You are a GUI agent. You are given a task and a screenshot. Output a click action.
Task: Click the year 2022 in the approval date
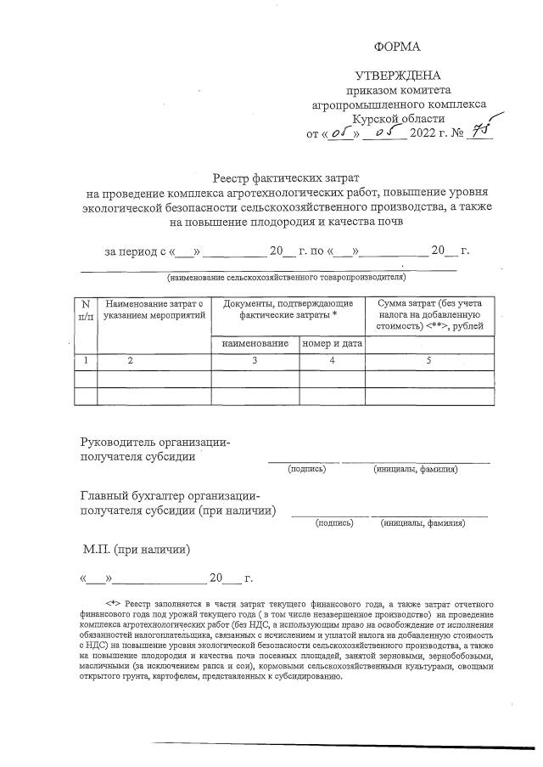tap(425, 133)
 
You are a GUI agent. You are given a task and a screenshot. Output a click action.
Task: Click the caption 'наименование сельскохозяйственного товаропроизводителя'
tap(286, 277)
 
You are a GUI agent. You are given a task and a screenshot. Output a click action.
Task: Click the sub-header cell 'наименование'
tap(255, 343)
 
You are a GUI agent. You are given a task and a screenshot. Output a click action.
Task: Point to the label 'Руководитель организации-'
tap(155, 442)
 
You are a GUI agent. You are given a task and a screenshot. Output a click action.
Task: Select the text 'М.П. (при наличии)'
tap(137, 550)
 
